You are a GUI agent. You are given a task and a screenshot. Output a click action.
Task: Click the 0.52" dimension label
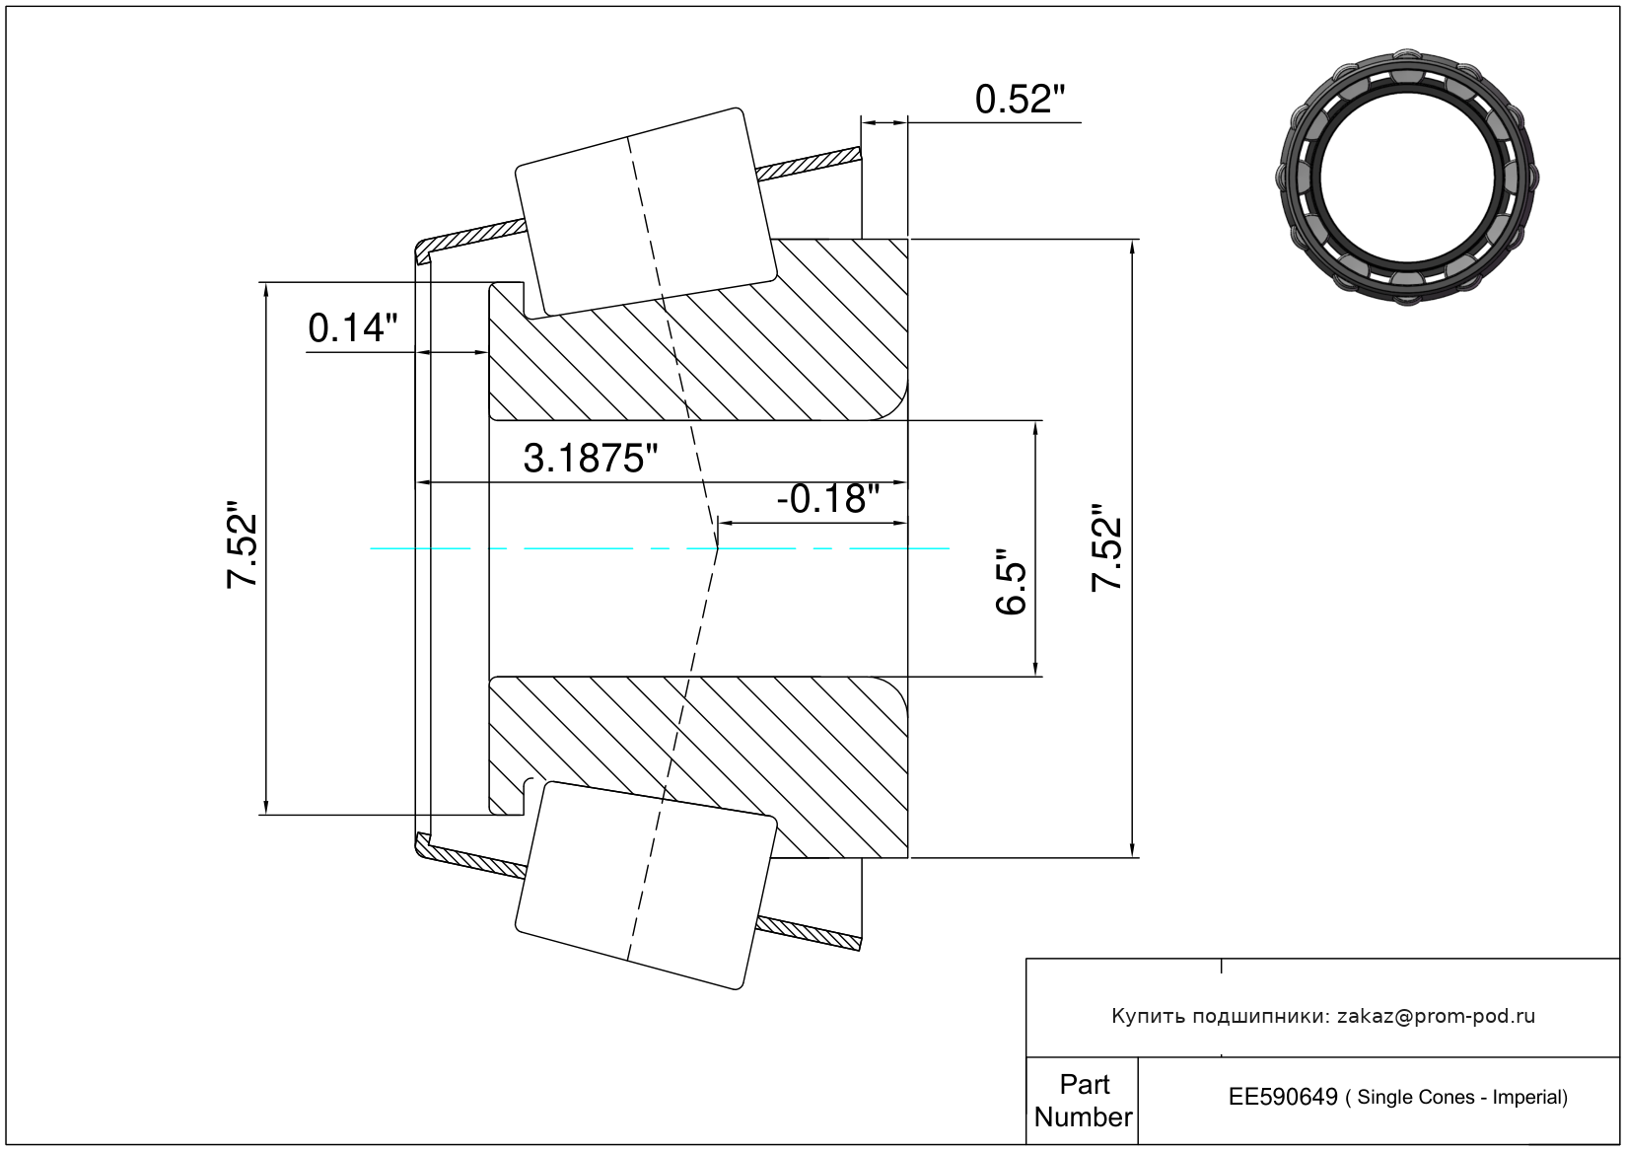coord(1020,100)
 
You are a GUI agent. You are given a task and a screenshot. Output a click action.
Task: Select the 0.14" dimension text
coord(353,327)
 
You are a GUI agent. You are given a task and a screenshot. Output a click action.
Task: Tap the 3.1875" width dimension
coord(590,459)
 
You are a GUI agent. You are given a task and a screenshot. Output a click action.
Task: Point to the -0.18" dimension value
coord(828,498)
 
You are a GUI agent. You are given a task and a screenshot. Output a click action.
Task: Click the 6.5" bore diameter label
coord(1011,581)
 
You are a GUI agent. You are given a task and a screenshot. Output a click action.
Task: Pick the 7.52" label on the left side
coord(243,543)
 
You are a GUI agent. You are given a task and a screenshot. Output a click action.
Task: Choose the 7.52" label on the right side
coord(1107,547)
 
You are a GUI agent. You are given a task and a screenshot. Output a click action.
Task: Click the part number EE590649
coord(1283,1098)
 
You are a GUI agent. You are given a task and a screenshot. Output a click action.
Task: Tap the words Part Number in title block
coord(1084,1101)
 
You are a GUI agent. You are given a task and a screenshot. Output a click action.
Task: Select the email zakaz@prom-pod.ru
coord(1437,1017)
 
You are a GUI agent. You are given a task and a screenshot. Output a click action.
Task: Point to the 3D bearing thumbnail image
coord(1407,178)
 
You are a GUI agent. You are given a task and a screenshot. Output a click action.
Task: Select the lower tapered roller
coord(646,885)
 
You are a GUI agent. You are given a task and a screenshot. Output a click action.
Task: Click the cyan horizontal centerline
coord(660,549)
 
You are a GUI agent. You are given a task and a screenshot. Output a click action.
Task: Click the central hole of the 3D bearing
coord(1407,178)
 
